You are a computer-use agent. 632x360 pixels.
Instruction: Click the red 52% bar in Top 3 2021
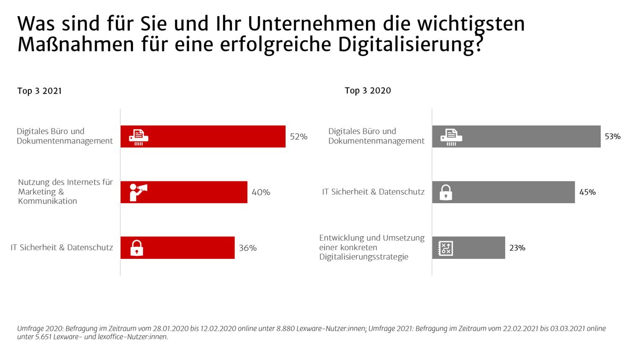click(212, 137)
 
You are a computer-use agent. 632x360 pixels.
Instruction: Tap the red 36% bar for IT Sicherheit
click(187, 248)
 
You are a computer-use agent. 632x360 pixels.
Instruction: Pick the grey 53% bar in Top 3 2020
click(526, 137)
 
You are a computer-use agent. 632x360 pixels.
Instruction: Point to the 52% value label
click(298, 137)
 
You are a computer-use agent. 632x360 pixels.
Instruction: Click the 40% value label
click(261, 192)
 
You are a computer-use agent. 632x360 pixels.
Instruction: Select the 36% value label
click(248, 248)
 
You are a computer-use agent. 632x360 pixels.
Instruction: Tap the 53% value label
click(612, 137)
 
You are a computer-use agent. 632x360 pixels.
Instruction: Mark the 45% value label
click(587, 192)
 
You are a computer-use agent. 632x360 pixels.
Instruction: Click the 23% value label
click(517, 248)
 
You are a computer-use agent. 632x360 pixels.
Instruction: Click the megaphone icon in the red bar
click(138, 192)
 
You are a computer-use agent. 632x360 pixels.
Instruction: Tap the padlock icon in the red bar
click(137, 248)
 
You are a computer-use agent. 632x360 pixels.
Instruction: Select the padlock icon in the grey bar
click(445, 193)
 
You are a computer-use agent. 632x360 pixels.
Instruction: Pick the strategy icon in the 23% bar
click(445, 248)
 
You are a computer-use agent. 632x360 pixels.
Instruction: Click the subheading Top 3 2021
click(39, 92)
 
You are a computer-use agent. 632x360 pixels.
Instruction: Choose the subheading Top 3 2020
click(368, 91)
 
